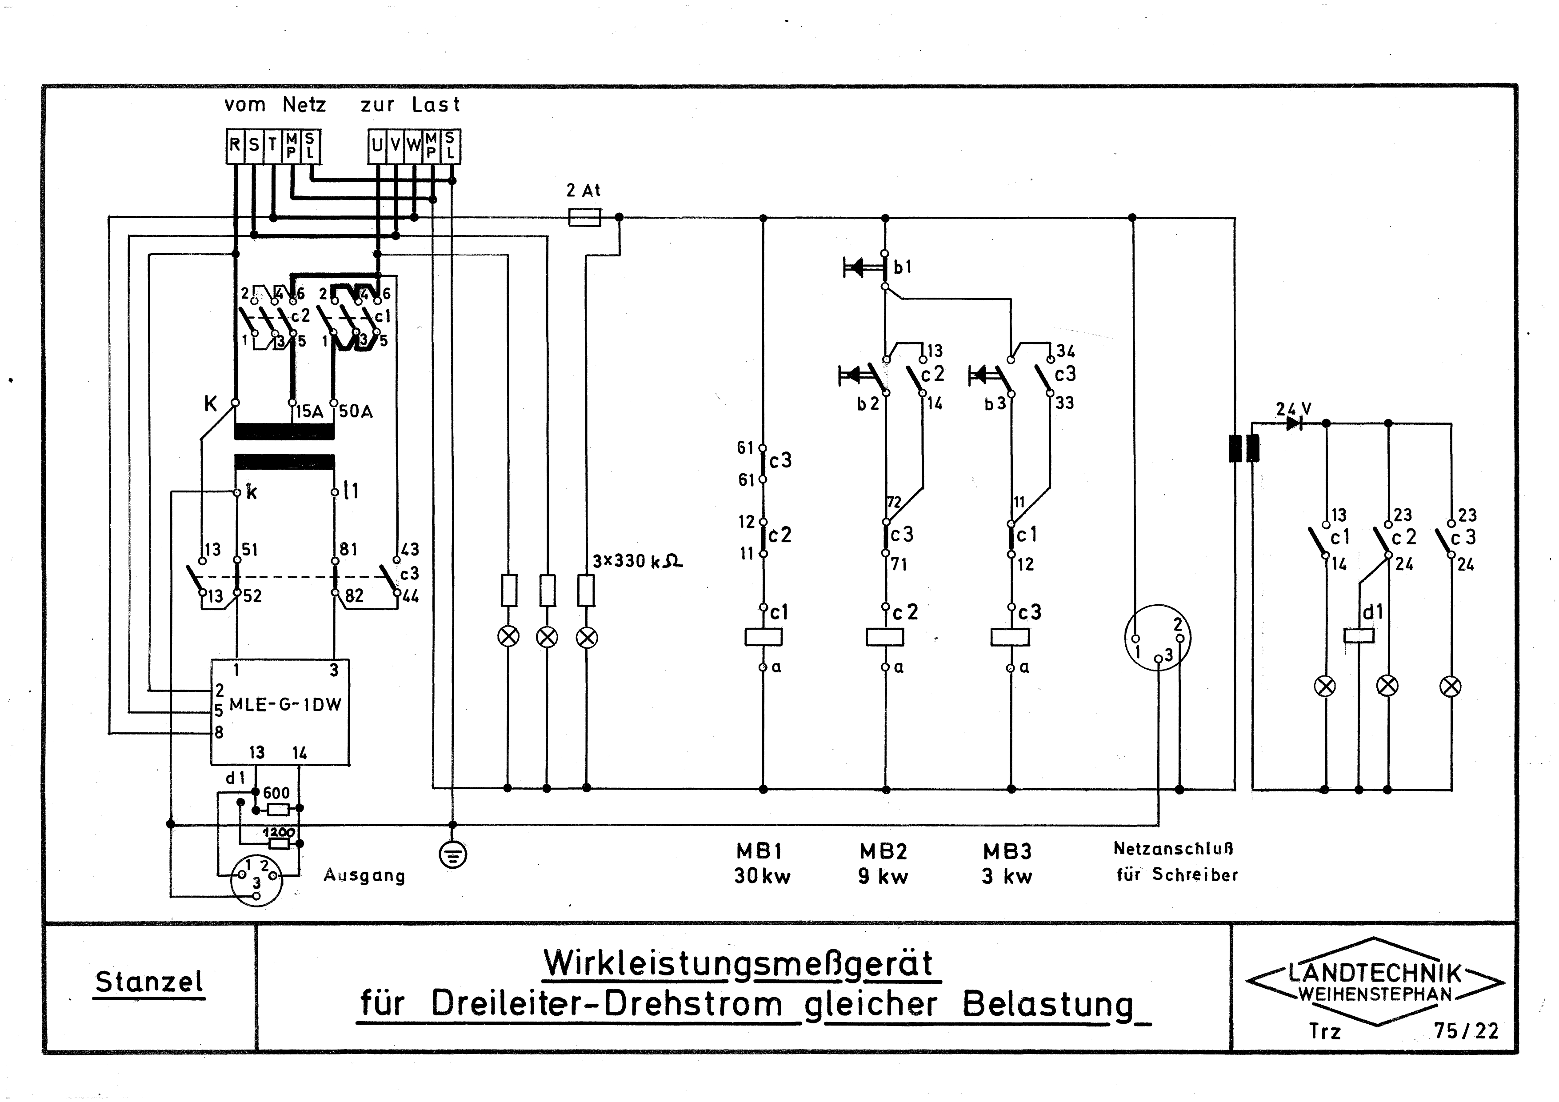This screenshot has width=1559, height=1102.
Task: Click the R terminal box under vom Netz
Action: [x=234, y=145]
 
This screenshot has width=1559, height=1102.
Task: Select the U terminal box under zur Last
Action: [x=377, y=145]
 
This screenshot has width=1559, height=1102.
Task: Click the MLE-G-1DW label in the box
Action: [x=285, y=705]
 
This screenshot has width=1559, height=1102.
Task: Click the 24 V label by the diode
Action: [x=1293, y=409]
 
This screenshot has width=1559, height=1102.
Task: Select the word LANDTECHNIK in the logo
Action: [x=1375, y=973]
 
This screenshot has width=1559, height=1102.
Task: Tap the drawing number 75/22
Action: [x=1466, y=1031]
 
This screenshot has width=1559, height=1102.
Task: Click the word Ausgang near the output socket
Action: [x=364, y=875]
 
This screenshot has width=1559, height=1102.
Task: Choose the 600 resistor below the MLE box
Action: [x=278, y=809]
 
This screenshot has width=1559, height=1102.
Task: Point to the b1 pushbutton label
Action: [x=903, y=268]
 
